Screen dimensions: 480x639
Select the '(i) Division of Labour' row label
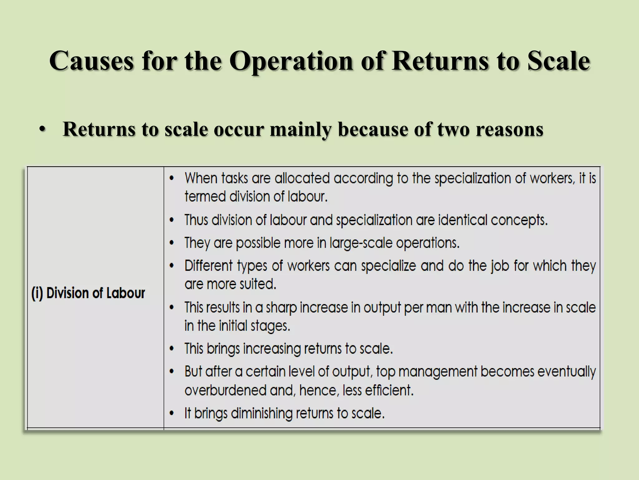[x=88, y=293]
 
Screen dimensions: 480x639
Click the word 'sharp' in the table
[x=281, y=307]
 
